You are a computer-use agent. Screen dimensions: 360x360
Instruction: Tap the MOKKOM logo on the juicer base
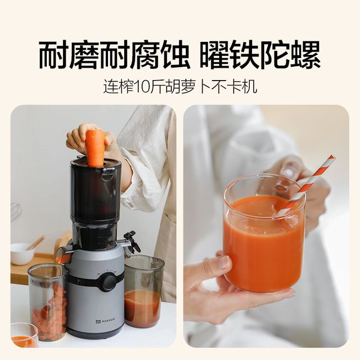[x=105, y=320]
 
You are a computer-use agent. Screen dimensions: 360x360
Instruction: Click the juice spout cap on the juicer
[x=131, y=241]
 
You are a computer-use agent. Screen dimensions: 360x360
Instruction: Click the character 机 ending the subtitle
[x=249, y=87]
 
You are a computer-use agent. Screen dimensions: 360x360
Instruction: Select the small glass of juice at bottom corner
[x=24, y=335]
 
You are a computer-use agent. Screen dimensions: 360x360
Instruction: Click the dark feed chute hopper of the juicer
[x=95, y=191]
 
